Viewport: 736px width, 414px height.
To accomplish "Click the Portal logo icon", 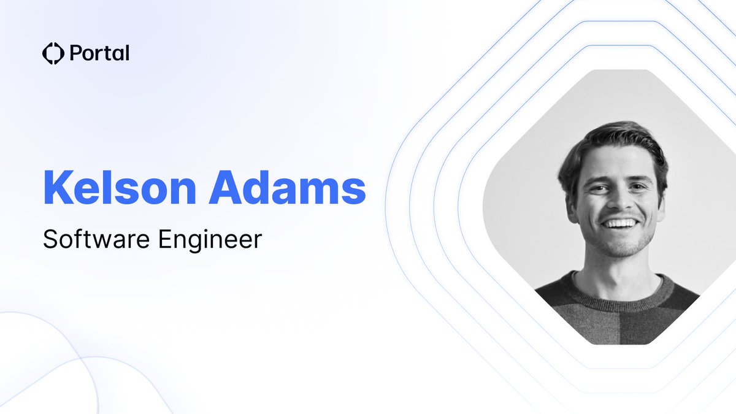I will pos(53,53).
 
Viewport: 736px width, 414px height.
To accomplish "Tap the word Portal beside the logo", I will pos(99,53).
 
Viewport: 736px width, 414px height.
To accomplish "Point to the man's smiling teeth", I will pos(619,223).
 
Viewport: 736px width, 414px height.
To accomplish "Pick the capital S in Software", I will pos(50,240).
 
